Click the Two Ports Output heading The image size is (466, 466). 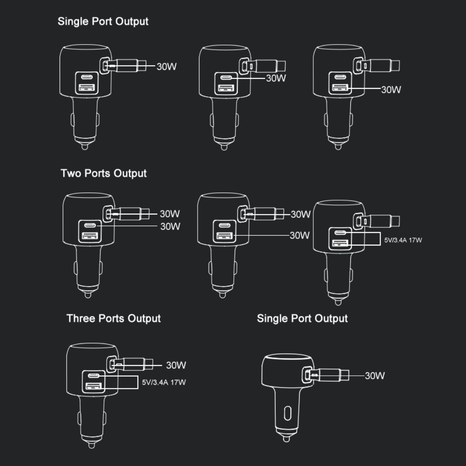104,173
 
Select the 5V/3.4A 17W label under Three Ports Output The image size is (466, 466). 164,382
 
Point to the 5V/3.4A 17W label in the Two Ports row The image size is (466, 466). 403,240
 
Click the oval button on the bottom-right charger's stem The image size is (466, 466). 287,413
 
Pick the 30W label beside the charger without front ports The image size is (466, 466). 375,376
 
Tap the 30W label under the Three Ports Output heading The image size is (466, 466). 176,365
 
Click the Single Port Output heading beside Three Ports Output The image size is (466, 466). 302,318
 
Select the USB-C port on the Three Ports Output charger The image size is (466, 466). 94,376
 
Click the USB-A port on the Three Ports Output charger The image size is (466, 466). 94,386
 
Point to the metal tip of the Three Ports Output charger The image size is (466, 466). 91,445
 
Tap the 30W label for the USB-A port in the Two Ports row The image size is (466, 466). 299,236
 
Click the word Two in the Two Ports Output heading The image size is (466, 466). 70,173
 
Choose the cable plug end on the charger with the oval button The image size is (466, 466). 345,375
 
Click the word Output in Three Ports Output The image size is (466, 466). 144,318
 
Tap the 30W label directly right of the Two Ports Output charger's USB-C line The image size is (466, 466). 170,227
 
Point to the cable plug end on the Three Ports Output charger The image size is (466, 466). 148,364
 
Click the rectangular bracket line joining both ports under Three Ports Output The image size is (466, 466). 138,382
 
